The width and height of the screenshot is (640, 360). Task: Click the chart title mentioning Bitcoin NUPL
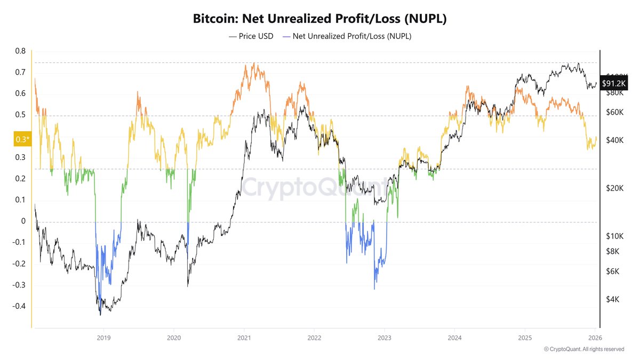319,19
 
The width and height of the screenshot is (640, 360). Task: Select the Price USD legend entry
250,36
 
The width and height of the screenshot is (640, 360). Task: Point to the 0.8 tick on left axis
20,51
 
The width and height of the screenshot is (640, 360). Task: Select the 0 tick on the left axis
23,221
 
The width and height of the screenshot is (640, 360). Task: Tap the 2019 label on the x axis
103,338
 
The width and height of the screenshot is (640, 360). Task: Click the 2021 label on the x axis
244,338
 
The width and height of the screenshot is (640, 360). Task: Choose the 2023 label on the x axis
385,338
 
